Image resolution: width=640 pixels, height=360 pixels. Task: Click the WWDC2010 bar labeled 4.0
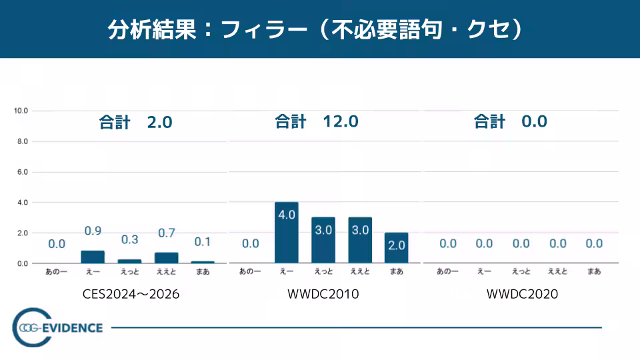tap(287, 233)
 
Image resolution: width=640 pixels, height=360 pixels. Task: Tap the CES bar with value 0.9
tap(93, 257)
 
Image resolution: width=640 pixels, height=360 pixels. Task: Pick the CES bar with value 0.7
tap(167, 257)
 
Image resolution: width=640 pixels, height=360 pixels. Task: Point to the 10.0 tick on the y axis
tap(21, 111)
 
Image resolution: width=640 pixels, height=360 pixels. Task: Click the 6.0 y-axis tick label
tap(22, 172)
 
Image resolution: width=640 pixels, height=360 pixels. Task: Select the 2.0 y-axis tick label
tap(22, 233)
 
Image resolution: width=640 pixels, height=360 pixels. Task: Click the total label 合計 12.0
tap(317, 122)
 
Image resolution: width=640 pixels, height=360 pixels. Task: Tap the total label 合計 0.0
tap(510, 122)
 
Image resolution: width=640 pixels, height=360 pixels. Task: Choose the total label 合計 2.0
tap(135, 123)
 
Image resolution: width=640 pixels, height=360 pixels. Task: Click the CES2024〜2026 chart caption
tap(131, 294)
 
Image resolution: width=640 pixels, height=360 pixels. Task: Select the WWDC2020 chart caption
tap(522, 294)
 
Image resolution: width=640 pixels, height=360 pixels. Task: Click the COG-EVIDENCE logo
tap(59, 328)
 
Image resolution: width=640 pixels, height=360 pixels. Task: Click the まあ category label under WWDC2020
tap(594, 271)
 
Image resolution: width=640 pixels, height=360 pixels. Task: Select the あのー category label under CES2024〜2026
tap(57, 272)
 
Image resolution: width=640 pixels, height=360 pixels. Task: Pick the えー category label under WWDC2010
tap(287, 272)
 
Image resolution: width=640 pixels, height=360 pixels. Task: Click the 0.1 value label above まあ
tap(203, 241)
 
